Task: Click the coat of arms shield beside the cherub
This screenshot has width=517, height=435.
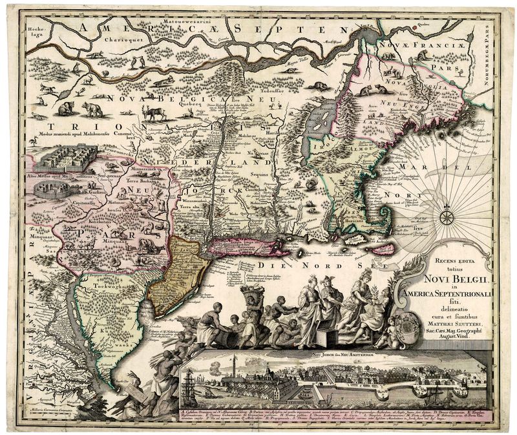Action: point(409,324)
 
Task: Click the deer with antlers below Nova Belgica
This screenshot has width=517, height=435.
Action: point(154,114)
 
